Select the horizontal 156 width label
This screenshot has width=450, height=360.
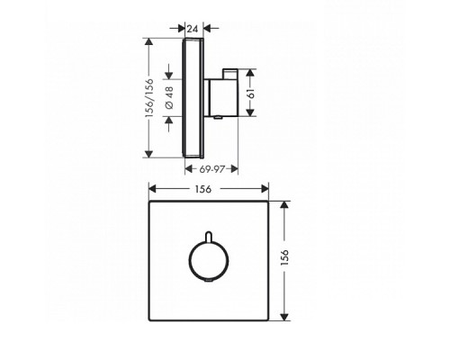pyautogui.click(x=209, y=190)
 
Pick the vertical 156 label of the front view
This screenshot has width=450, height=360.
pyautogui.click(x=296, y=261)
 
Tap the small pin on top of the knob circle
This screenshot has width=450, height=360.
pyautogui.click(x=209, y=236)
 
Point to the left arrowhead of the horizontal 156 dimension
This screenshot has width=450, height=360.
pyautogui.click(x=151, y=190)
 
